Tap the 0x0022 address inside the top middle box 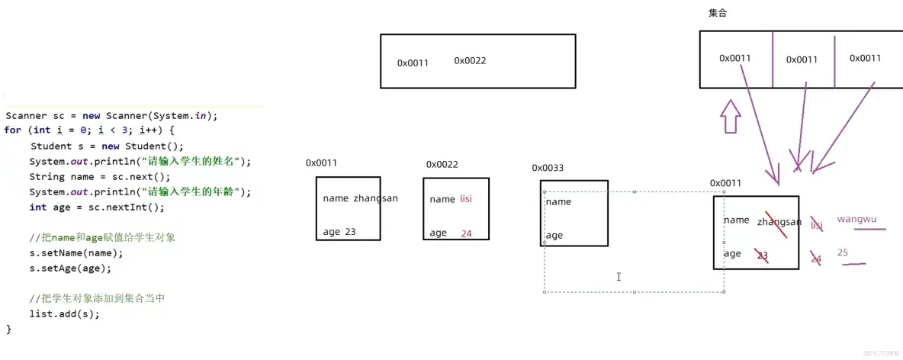tap(470, 60)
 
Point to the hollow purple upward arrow tap(731, 117)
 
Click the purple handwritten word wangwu tap(856, 220)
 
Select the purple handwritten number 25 tap(843, 252)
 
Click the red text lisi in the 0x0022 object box tap(466, 199)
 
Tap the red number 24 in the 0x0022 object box tap(467, 233)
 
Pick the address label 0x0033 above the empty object tap(548, 168)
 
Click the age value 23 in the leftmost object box tap(350, 232)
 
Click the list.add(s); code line tap(65, 313)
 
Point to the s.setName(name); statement tap(76, 252)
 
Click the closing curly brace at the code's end tap(9, 329)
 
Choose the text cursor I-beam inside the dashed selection tap(619, 277)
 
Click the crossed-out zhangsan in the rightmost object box tap(779, 222)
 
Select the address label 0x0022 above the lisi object tap(442, 164)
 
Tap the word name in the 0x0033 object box tap(558, 202)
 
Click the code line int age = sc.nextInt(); tap(97, 207)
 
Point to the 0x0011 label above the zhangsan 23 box tap(321, 162)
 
